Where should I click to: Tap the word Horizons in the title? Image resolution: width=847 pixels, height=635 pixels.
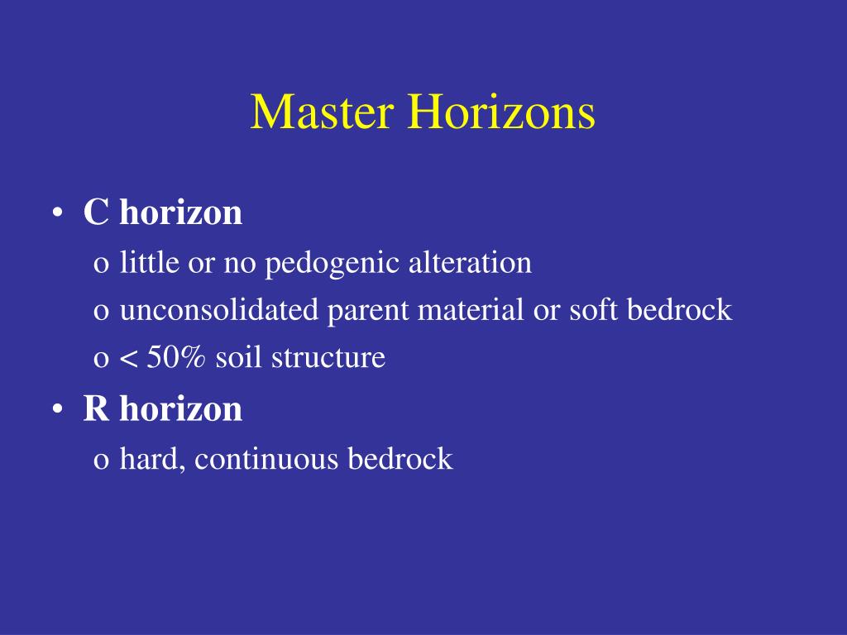click(500, 112)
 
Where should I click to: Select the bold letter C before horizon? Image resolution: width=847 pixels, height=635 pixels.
click(96, 213)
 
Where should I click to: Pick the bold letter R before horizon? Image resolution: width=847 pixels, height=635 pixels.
click(96, 409)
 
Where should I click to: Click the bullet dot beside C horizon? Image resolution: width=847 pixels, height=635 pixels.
click(57, 214)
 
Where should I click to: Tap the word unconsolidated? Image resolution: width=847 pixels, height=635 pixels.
click(219, 311)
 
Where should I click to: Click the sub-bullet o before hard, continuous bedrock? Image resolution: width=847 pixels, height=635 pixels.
click(101, 461)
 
